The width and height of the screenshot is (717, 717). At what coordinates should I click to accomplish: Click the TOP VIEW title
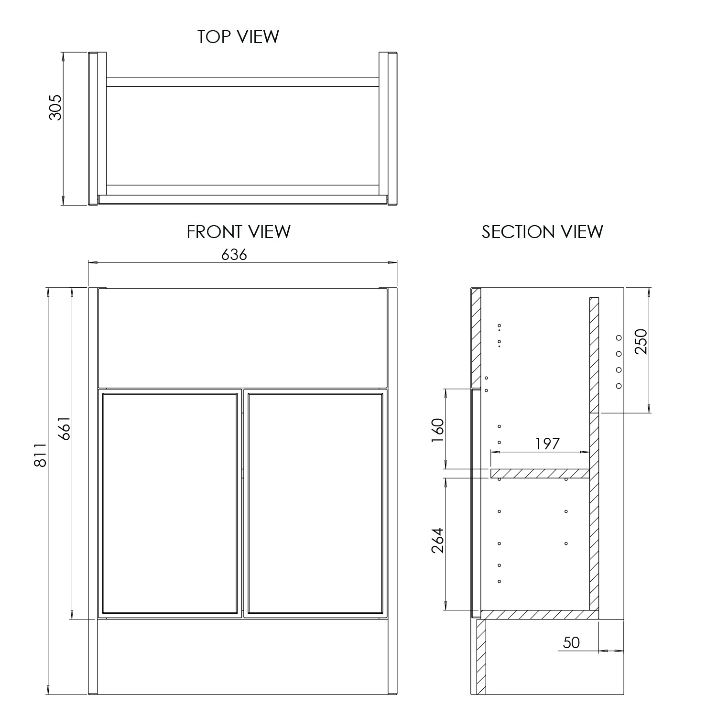click(238, 37)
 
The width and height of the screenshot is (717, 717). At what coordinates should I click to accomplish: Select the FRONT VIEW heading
click(238, 232)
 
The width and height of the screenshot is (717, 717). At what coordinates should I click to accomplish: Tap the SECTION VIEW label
click(542, 232)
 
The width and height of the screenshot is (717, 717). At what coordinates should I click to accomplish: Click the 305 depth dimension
click(55, 107)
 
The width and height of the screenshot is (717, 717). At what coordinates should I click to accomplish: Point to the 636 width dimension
click(234, 255)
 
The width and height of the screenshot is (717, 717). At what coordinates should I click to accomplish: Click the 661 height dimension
click(64, 429)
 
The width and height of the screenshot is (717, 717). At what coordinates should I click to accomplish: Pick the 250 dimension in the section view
click(641, 341)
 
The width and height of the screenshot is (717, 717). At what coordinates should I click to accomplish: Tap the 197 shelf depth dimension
click(547, 444)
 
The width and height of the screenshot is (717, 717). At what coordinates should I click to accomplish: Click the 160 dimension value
click(438, 430)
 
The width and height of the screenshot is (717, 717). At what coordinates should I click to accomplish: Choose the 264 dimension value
click(438, 540)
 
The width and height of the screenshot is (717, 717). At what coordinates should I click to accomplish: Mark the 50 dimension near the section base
click(571, 643)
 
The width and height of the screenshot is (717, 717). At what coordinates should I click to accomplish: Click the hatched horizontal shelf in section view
click(539, 473)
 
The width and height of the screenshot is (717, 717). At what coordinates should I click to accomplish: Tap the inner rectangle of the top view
click(242, 135)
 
